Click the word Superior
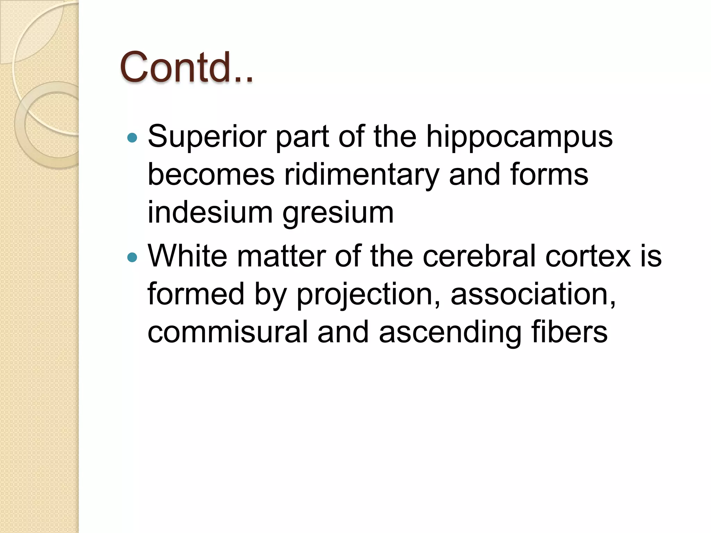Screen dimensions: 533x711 207,136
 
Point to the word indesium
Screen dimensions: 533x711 210,212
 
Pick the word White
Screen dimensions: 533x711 187,256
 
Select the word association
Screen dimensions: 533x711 533,294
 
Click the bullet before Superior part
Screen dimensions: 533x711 132,138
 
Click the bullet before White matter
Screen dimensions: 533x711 132,257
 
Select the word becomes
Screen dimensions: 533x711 211,175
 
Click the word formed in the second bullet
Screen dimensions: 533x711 196,294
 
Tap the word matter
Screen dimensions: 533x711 281,256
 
